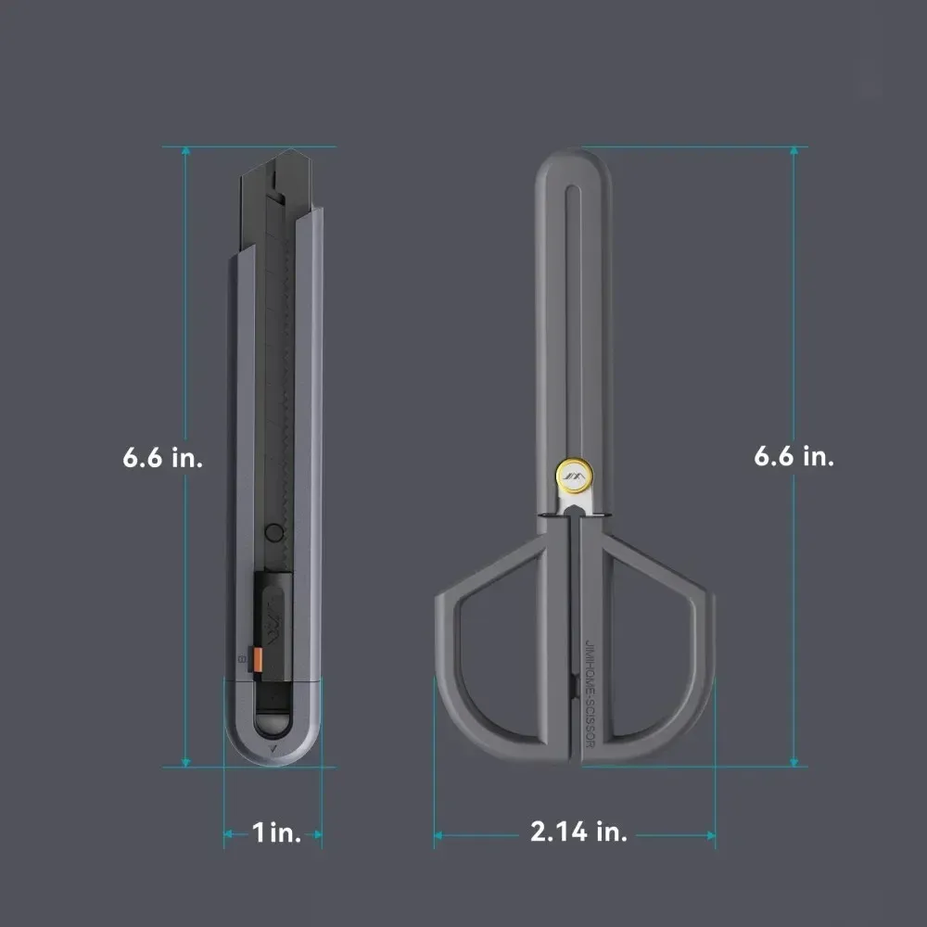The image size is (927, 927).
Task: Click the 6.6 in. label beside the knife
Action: click(x=162, y=458)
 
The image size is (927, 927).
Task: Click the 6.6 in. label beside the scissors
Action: click(x=794, y=456)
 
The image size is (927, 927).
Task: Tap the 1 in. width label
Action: click(x=276, y=832)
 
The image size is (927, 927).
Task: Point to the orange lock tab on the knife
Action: click(x=259, y=658)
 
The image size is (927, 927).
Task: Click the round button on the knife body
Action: click(x=273, y=533)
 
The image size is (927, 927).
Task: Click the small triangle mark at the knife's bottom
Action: click(x=273, y=748)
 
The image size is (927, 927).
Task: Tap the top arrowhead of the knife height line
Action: click(x=186, y=151)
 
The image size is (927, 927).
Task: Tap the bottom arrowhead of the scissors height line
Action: click(x=794, y=761)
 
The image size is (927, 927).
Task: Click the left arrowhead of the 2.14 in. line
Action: click(x=439, y=835)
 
